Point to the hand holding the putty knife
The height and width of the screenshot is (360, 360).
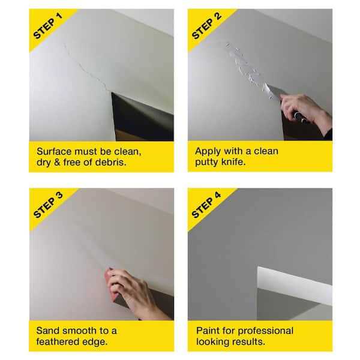pyautogui.click(x=303, y=108)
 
